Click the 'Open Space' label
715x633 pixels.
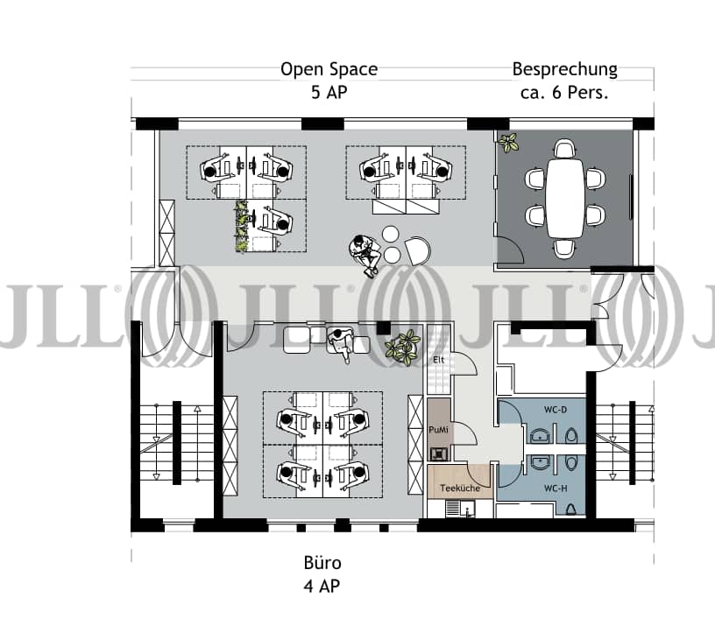pos(329,69)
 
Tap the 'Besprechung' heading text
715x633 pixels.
pos(564,69)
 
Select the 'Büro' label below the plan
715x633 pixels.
pos(322,563)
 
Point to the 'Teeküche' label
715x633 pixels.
pos(460,488)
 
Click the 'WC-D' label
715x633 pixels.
pos(556,410)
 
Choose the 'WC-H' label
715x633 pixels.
pos(556,489)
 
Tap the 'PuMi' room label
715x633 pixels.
pos(438,430)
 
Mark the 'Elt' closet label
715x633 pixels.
pos(439,360)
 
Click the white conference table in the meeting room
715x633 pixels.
pos(565,198)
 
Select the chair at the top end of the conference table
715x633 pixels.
pos(565,149)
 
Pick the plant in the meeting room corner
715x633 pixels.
pos(508,142)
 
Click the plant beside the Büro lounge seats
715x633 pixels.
pos(402,346)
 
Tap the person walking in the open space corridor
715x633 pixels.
pos(365,255)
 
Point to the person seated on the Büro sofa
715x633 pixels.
pos(341,344)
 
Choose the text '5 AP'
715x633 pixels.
pos(329,93)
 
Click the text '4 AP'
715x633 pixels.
pos(322,586)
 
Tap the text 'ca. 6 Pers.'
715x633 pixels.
pos(564,93)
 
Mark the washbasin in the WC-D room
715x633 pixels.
pos(540,436)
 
